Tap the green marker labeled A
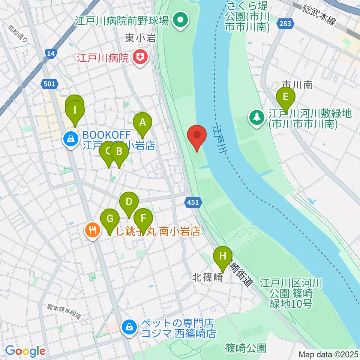pos(142,123)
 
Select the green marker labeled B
pos(119,152)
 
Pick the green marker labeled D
pos(129,202)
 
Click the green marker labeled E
pos(286,97)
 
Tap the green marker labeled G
pos(110,218)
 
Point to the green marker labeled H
pos(223,256)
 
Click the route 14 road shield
pos(51,55)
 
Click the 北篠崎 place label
pos(205,277)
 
